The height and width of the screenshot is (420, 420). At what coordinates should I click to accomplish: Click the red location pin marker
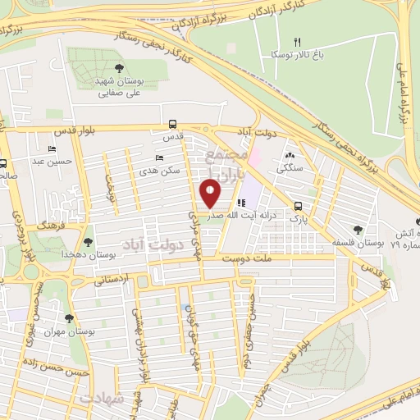point(211,192)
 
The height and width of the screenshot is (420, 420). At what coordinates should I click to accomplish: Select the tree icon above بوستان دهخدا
point(87,242)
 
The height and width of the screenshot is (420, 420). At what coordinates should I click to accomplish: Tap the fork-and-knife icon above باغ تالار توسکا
point(299,41)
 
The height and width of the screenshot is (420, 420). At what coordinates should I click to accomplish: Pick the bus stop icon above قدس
point(171,124)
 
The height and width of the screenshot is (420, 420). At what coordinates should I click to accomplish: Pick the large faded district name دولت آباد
point(148,244)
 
